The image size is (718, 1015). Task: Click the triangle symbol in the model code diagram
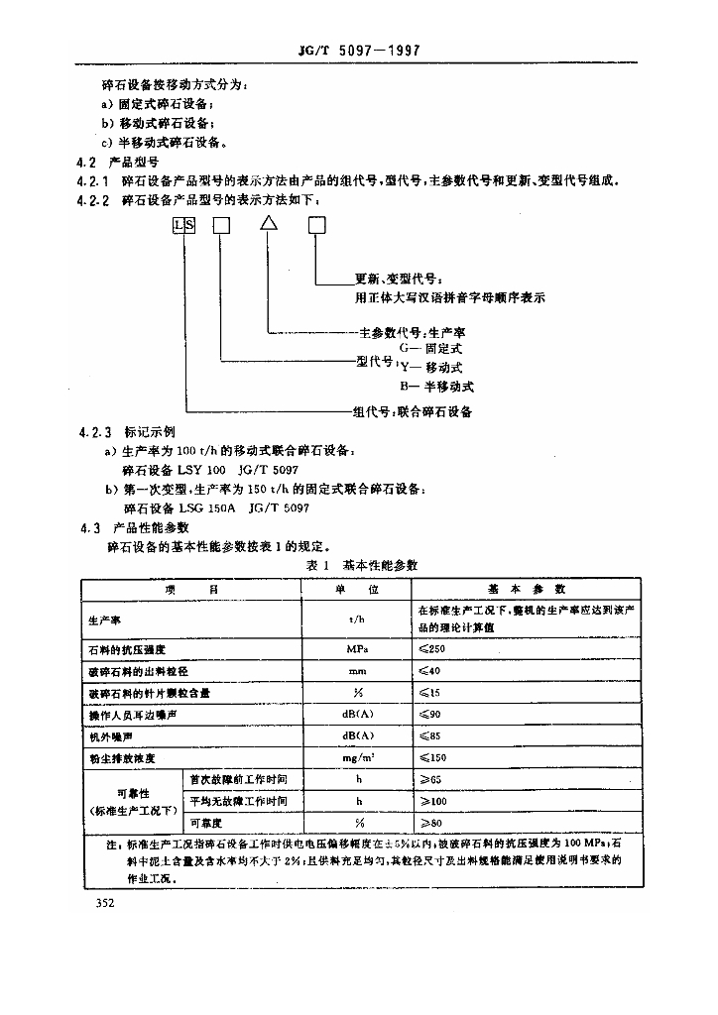click(x=269, y=225)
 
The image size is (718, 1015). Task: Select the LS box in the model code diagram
click(x=183, y=225)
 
